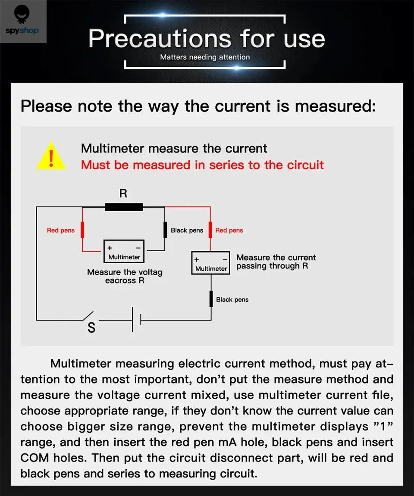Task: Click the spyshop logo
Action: click(x=22, y=22)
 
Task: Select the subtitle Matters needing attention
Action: click(x=205, y=57)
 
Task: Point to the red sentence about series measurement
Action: click(x=202, y=165)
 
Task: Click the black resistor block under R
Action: click(x=124, y=207)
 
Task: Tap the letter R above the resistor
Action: click(x=123, y=193)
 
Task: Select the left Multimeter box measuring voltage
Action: click(x=124, y=252)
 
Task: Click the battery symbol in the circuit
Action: click(x=137, y=320)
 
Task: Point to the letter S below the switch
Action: click(x=91, y=328)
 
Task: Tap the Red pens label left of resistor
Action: click(x=61, y=231)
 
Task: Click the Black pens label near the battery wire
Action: click(x=232, y=299)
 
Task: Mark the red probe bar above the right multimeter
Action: click(x=210, y=230)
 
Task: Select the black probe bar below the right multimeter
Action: click(x=211, y=299)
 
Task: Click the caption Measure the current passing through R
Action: click(x=276, y=262)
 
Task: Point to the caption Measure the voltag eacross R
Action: click(x=125, y=276)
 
